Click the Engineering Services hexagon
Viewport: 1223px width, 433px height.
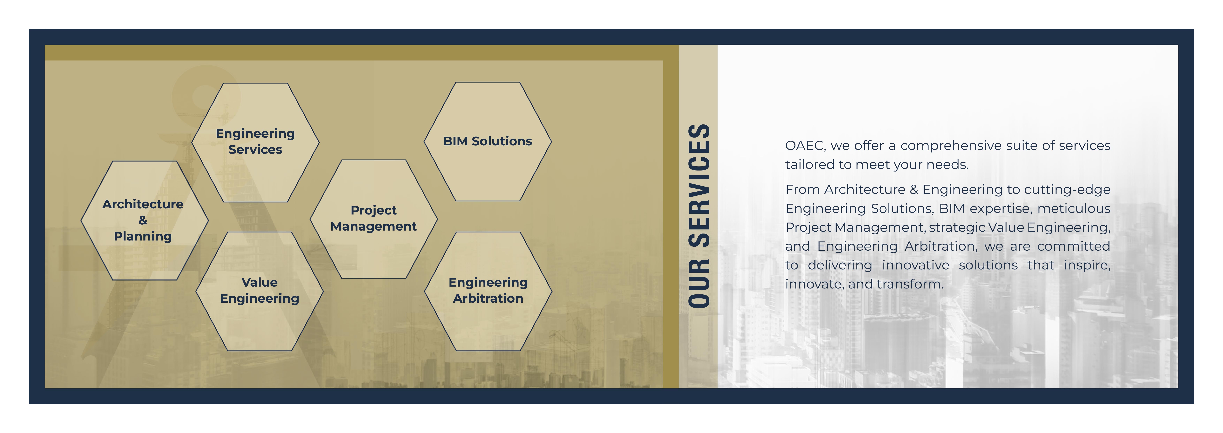[256, 143]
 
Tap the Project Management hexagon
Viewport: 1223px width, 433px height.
[374, 219]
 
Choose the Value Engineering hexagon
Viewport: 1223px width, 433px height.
[260, 291]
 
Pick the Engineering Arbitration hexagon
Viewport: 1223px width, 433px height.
[488, 291]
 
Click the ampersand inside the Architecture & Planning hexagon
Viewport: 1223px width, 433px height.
[143, 220]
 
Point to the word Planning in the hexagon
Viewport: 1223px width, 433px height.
[143, 236]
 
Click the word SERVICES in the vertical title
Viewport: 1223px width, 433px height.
[699, 185]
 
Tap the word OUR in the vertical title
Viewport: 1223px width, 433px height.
[699, 283]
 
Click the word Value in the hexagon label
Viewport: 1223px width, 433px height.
[260, 282]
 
